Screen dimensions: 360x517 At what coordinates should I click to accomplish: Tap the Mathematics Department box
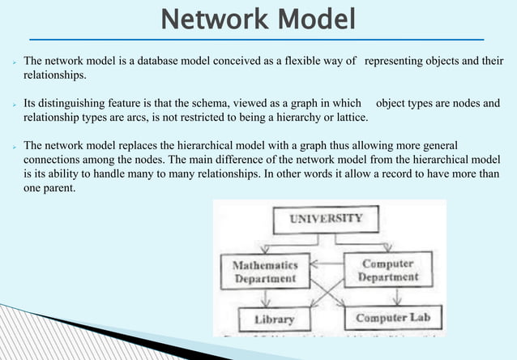click(x=265, y=271)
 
